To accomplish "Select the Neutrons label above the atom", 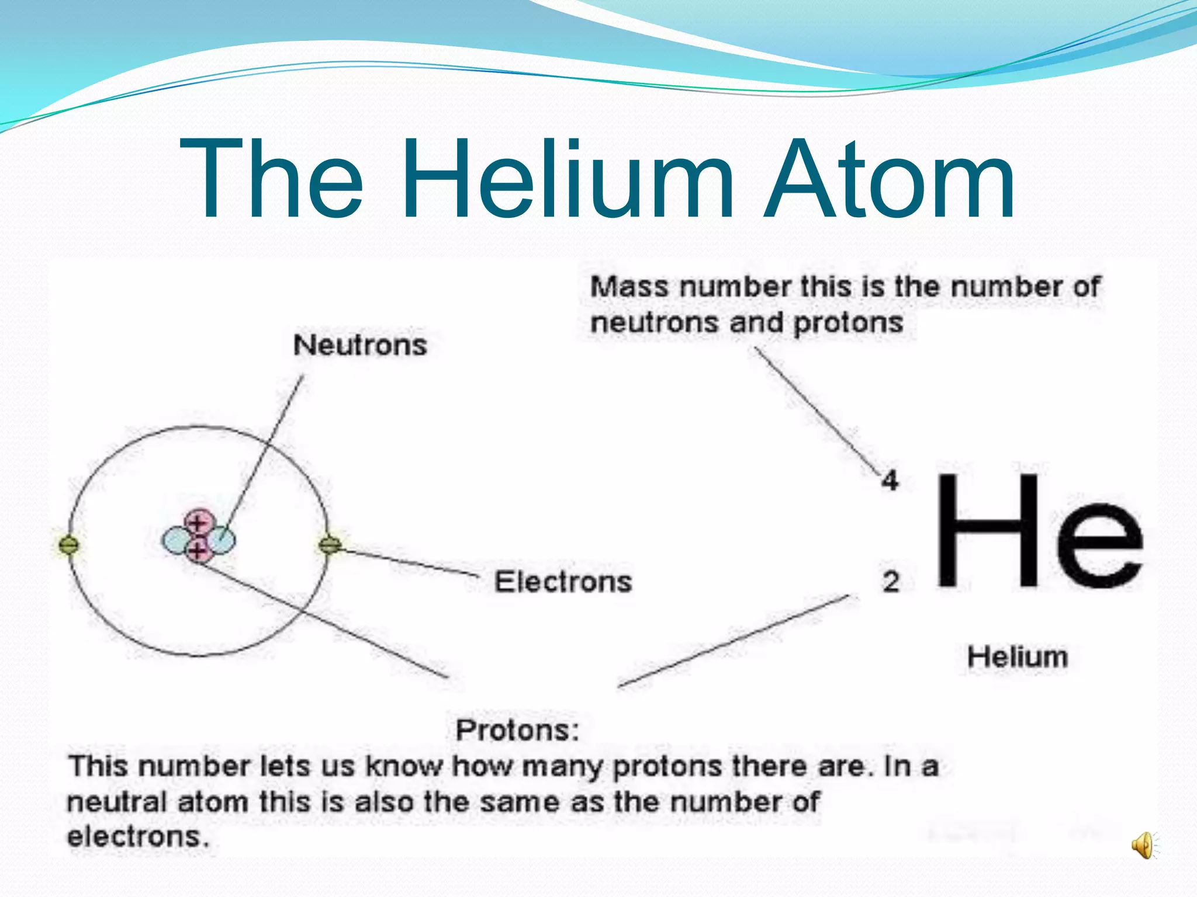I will (x=360, y=345).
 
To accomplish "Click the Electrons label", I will (x=563, y=582).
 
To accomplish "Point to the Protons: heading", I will (x=517, y=730).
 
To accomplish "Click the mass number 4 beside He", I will (x=890, y=481).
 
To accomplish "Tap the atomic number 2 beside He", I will (x=890, y=582).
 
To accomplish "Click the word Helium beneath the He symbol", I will (x=1017, y=656).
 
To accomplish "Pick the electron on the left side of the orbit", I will (x=69, y=545).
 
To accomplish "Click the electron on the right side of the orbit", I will (x=330, y=545).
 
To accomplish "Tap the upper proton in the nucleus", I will (x=198, y=521).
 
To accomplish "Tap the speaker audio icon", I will (x=1143, y=845).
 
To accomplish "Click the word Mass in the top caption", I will (x=629, y=287).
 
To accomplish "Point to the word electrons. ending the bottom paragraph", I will (x=138, y=837).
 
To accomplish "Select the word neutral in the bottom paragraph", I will (x=117, y=802).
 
